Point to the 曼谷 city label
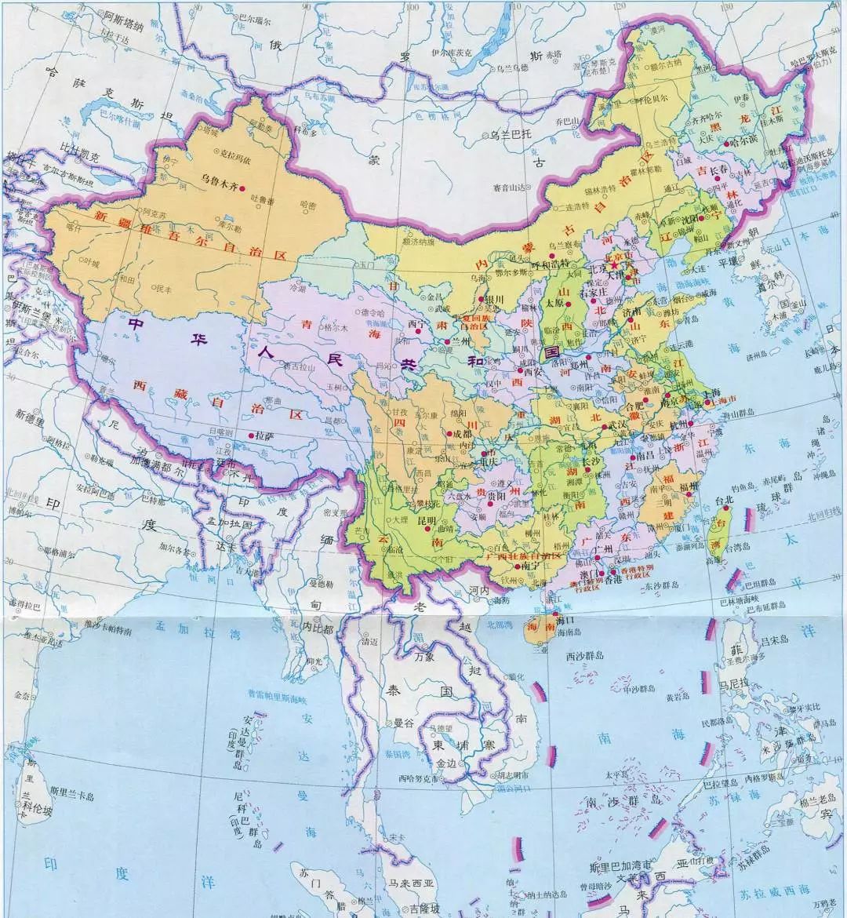tap(403, 722)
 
